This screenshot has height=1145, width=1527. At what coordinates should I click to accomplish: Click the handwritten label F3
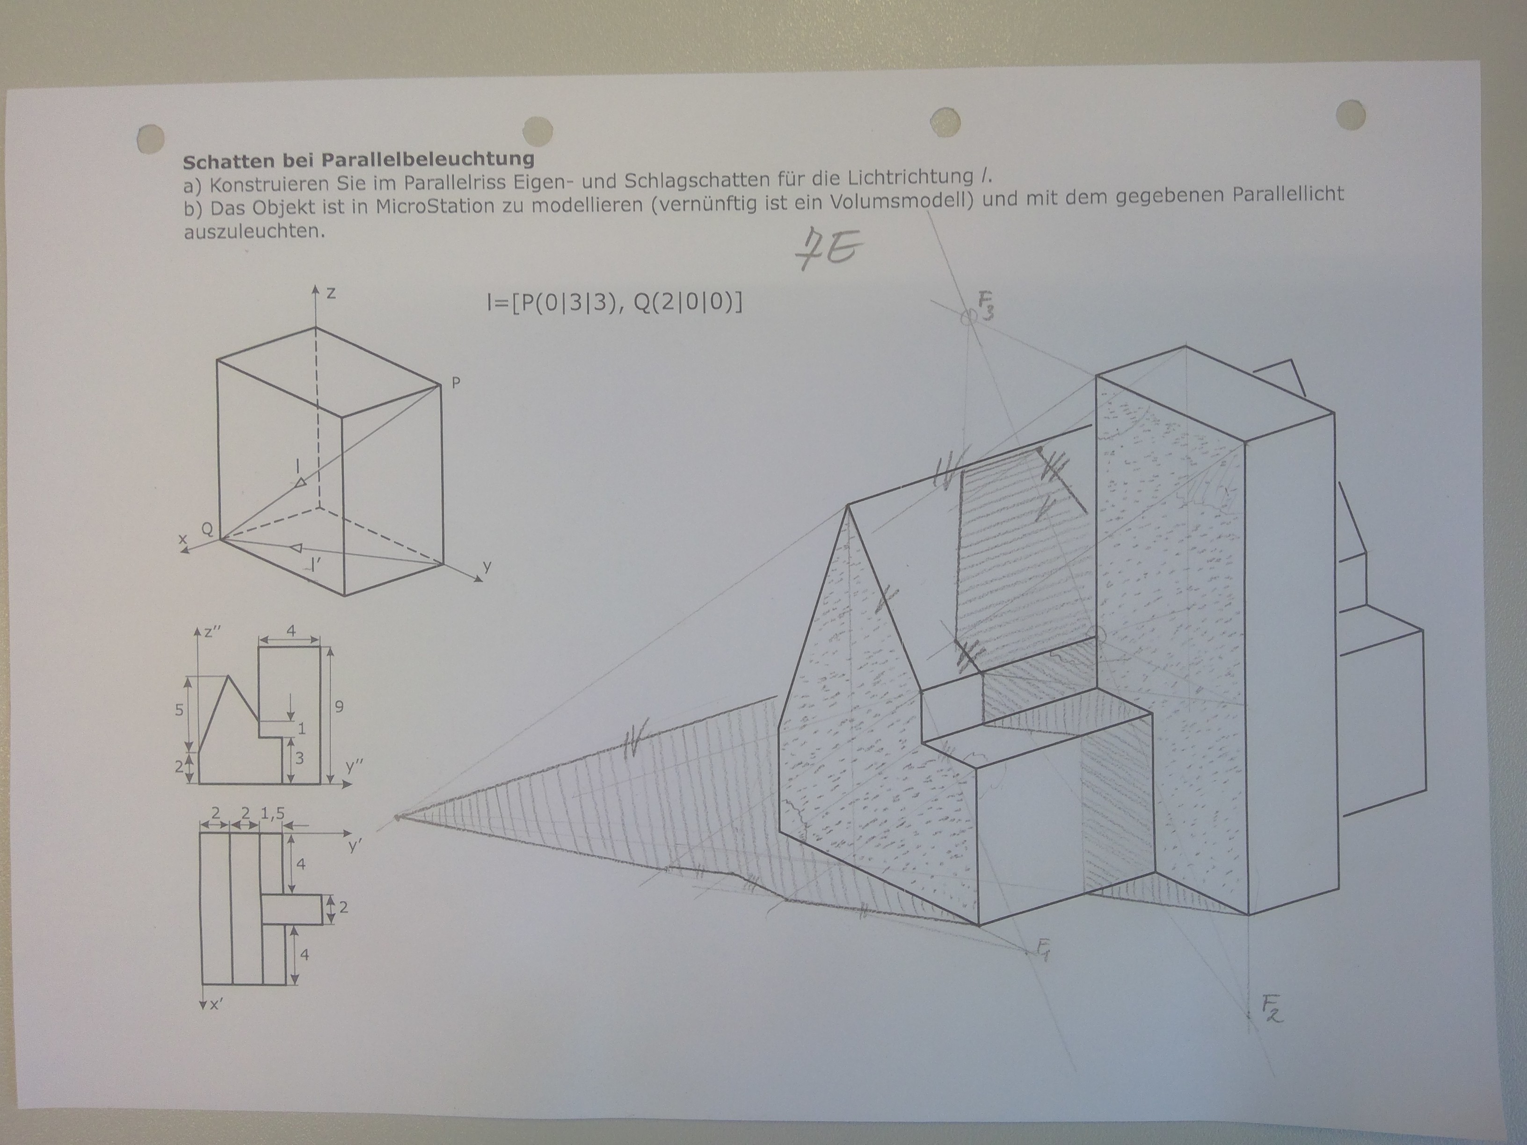click(987, 305)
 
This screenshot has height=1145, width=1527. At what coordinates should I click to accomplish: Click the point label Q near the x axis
click(206, 529)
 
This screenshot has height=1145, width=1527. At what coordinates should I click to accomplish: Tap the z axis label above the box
click(331, 293)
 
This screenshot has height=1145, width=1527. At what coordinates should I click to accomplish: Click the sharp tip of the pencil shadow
click(398, 818)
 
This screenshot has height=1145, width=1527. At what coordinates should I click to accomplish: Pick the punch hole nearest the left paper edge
click(151, 139)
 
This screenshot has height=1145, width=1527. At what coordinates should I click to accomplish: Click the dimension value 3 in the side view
click(299, 758)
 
